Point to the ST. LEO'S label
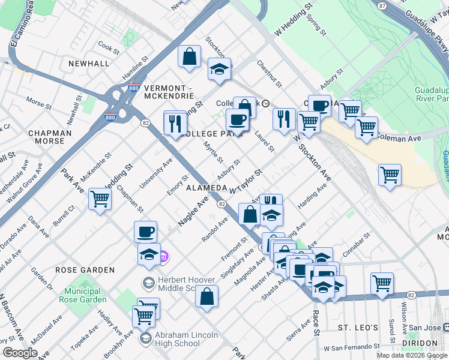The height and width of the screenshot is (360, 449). [358, 328]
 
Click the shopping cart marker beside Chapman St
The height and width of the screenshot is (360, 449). [100, 199]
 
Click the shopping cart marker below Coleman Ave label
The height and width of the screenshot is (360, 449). [390, 175]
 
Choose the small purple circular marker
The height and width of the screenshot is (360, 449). [164, 257]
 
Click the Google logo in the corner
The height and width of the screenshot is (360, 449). [20, 352]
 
